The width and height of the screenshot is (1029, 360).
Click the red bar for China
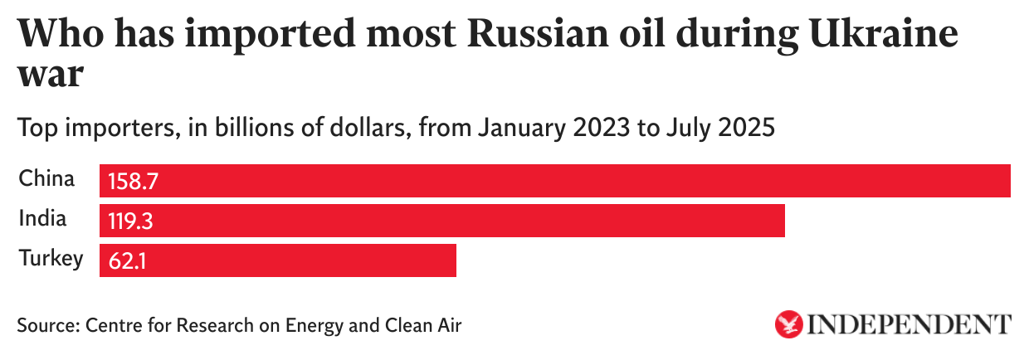click(554, 181)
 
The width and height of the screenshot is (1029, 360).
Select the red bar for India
click(442, 221)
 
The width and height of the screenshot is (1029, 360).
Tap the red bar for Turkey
click(278, 260)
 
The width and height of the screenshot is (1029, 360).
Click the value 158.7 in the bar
click(131, 182)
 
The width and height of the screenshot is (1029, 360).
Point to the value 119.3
click(131, 221)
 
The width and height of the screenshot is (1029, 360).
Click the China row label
click(46, 178)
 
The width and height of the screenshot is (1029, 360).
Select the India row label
click(42, 218)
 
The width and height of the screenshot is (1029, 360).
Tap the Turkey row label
click(51, 258)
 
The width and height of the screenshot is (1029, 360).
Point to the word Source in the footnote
click(46, 324)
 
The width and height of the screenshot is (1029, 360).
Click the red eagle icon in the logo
click(789, 324)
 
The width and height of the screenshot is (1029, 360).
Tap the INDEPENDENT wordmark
click(909, 324)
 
